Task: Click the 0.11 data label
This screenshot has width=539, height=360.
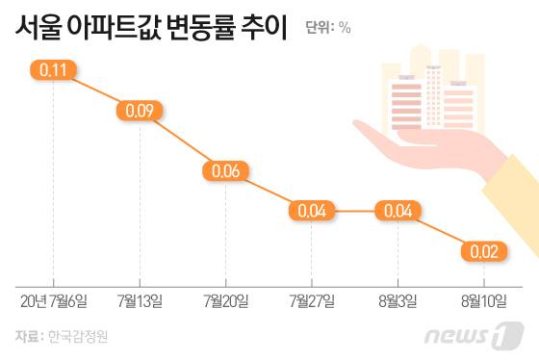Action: point(54,69)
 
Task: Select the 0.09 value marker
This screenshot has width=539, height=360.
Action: point(140,112)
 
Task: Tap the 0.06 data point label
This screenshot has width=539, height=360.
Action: point(225,170)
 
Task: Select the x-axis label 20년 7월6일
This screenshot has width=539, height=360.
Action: point(54,302)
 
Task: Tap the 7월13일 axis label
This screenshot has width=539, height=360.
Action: point(140,302)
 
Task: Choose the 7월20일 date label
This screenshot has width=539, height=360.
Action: point(225,302)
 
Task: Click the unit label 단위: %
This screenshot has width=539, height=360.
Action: point(328,28)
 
